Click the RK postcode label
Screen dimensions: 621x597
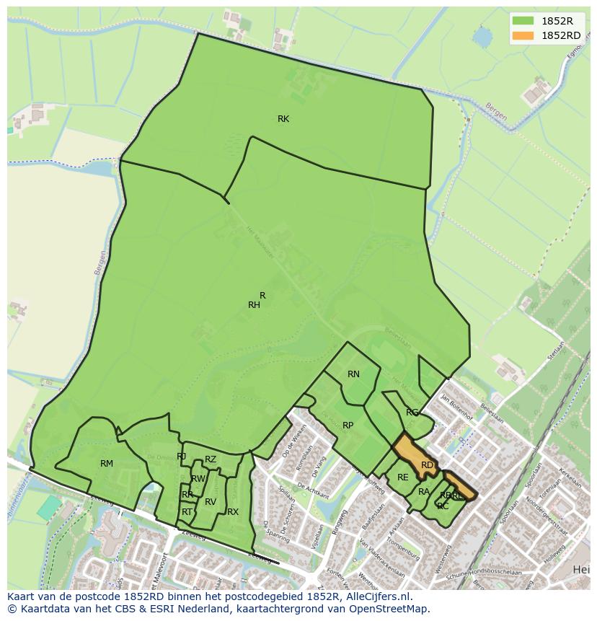click(283, 119)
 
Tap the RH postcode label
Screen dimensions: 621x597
click(254, 305)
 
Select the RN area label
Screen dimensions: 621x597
click(353, 374)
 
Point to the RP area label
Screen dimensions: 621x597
click(348, 426)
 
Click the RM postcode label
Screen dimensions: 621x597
click(107, 464)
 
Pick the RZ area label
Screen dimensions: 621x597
click(211, 459)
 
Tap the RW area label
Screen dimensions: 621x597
click(198, 479)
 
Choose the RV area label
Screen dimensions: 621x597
click(211, 502)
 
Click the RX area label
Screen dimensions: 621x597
click(233, 512)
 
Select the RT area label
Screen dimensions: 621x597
click(187, 512)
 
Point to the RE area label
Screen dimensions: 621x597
click(403, 477)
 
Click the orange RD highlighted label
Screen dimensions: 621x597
click(428, 465)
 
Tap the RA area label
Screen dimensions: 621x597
click(424, 492)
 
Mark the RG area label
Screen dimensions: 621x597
click(412, 413)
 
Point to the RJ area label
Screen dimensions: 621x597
click(182, 457)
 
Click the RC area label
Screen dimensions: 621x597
click(443, 506)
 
